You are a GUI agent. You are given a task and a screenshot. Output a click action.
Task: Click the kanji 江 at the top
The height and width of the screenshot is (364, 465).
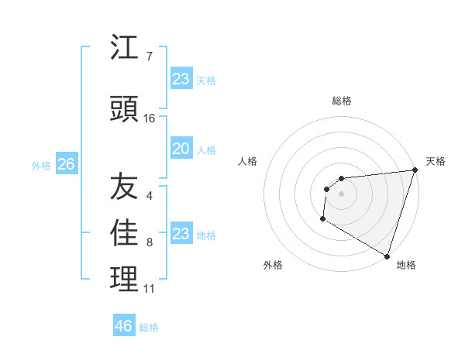point(125,49)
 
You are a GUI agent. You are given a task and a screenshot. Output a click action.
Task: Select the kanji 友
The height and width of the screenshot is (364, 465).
point(125,187)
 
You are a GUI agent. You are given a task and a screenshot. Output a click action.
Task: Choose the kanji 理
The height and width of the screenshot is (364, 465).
point(125,280)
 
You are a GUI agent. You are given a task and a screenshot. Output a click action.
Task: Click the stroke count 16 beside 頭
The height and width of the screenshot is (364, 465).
point(150,118)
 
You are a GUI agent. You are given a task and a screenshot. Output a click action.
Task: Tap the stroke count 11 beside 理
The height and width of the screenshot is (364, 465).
point(150,289)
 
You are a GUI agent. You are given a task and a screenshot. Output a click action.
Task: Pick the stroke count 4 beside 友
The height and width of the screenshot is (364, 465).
point(150,196)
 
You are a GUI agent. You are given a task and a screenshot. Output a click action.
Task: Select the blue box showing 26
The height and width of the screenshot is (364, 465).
point(66,165)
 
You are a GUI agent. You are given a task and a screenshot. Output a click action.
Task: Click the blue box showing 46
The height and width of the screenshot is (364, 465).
point(123,326)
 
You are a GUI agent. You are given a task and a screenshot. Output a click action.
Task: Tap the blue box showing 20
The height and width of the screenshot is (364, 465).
point(181,149)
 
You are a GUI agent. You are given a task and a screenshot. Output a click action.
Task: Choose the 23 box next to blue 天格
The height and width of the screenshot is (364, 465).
point(181,79)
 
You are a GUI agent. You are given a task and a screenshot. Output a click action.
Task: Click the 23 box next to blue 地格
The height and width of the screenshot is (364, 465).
point(181,235)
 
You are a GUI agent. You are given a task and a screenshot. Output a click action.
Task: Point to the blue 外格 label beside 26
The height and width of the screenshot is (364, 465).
point(41,166)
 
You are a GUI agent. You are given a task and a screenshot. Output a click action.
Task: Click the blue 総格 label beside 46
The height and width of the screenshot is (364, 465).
point(149,328)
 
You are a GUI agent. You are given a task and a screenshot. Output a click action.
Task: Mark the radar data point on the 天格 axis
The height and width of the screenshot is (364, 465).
point(415,170)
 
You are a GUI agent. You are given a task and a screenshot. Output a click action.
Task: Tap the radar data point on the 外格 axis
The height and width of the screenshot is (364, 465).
point(322,219)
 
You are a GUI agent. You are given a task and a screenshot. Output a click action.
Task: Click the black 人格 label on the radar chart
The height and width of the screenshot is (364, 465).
point(247,161)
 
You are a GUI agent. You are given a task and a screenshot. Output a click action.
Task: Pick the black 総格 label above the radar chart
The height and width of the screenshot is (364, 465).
point(341,101)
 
